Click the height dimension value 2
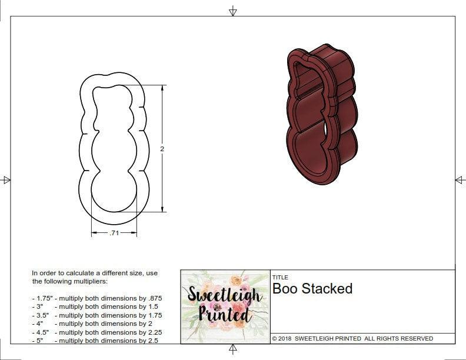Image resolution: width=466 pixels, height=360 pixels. (x=162, y=149)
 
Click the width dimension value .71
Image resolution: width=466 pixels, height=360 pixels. (x=114, y=234)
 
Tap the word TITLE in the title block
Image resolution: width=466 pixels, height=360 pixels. (x=280, y=277)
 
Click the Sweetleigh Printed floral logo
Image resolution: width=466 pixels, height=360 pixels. (x=224, y=306)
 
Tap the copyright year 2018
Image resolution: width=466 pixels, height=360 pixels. (x=286, y=339)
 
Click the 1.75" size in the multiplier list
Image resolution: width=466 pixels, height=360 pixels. (x=42, y=298)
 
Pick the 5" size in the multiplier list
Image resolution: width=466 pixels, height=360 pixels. (x=38, y=341)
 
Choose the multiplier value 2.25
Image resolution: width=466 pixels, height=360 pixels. (x=152, y=332)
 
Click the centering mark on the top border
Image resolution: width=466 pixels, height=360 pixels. (x=233, y=11)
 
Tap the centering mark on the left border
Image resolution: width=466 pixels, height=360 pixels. (x=6, y=180)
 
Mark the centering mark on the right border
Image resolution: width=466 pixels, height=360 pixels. (x=460, y=180)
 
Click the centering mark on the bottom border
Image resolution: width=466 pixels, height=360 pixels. (x=233, y=350)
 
